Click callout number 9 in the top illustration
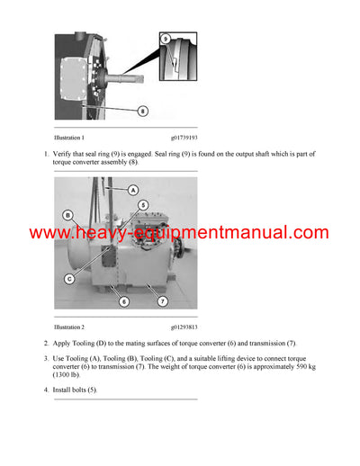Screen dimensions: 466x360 point(165,39)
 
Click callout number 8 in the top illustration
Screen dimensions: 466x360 point(142,111)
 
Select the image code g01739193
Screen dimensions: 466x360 point(183,138)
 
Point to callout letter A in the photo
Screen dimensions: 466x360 point(132,190)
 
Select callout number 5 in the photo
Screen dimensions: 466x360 point(142,206)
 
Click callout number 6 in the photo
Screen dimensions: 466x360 point(124,300)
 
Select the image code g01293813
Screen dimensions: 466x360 point(183,327)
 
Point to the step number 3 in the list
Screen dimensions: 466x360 point(46,359)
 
